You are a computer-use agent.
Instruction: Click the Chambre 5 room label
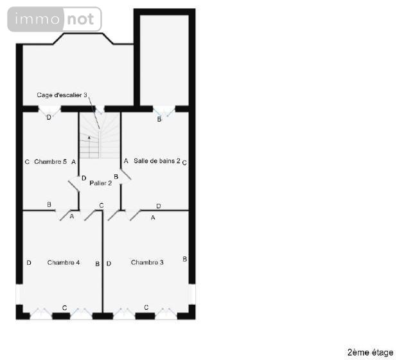coord(50,162)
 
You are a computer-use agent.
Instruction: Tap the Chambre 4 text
coord(64,262)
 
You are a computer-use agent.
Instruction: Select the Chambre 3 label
coord(147,262)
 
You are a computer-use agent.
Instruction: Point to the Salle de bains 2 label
coord(156,161)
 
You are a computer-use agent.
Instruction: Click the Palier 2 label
coord(101,183)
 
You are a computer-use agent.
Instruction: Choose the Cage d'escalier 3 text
coord(62,95)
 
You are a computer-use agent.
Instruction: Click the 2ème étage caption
coord(370,352)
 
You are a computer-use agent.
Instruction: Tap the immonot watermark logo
coord(55,19)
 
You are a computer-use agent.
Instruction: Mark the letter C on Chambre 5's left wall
coord(27,162)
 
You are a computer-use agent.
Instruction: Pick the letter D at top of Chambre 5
coord(49,117)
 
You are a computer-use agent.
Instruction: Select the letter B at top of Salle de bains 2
coord(159,119)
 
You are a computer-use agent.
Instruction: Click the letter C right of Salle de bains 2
coord(184,163)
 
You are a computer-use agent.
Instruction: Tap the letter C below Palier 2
coord(101,205)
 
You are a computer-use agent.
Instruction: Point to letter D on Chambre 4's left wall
coord(29,262)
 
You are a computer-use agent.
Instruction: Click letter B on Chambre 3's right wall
coord(184,259)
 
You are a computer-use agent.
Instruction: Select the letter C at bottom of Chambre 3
coord(146,307)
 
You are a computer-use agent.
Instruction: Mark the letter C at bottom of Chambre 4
coord(64,308)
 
